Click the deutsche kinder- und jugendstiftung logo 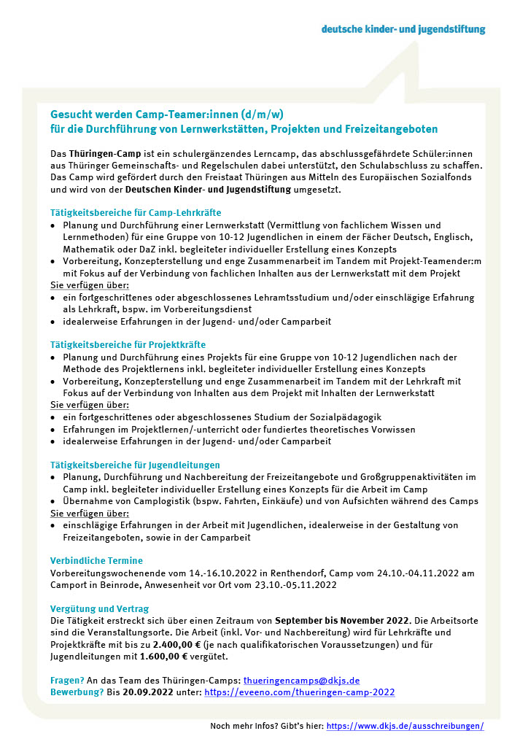pos(403,29)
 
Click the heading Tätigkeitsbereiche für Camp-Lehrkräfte pos(136,212)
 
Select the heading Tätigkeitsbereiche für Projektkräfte pos(128,344)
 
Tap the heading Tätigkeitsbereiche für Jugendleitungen pos(135,465)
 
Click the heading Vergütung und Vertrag pos(98,608)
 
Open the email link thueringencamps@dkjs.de pos(301,680)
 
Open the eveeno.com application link pos(299,692)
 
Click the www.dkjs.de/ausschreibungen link pos(405,727)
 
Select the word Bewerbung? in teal pos(77,692)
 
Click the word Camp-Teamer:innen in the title pos(179,115)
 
